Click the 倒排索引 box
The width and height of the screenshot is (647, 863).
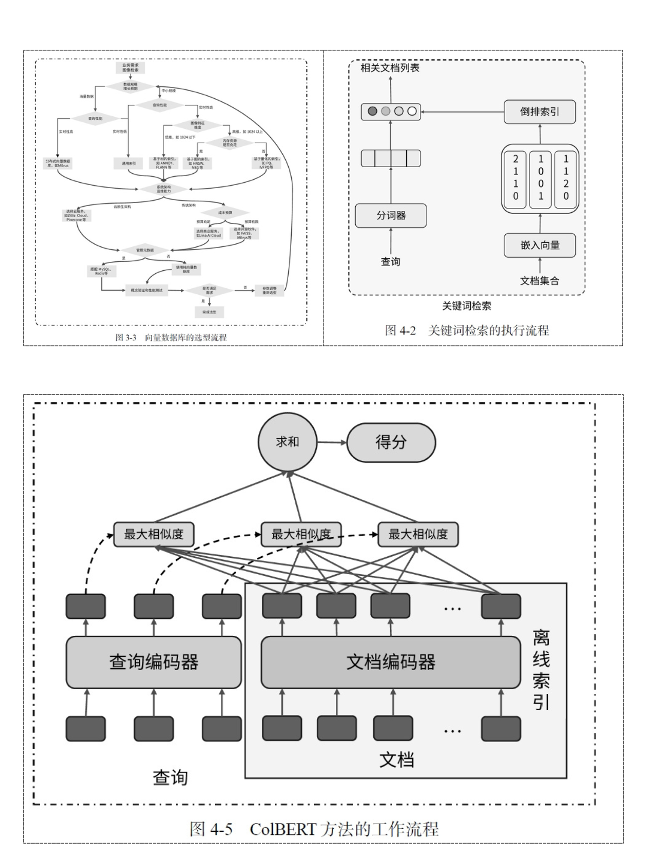tap(540, 111)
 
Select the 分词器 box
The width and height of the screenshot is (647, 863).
tap(391, 215)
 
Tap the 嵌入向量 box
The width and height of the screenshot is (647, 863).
tap(540, 245)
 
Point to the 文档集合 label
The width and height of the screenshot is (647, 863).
tap(539, 280)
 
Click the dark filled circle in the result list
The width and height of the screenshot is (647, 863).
tap(373, 111)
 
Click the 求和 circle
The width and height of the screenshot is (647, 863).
tap(287, 442)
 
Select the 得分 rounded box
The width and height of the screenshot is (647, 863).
tap(391, 442)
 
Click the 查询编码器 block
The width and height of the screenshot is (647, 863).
tap(153, 662)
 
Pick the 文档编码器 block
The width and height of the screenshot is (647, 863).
tap(391, 662)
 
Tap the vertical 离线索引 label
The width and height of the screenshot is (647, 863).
tap(541, 669)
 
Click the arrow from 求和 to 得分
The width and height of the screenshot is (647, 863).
tap(332, 442)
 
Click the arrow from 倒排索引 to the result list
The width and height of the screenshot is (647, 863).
tap(462, 111)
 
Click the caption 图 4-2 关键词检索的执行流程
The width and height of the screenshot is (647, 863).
tap(467, 330)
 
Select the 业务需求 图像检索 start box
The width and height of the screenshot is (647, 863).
tap(130, 68)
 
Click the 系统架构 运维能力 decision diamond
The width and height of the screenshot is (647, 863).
tap(164, 188)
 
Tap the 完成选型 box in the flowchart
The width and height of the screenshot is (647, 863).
tap(209, 312)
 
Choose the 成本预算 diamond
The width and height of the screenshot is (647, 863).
tap(225, 212)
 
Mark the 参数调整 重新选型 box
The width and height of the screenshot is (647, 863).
tap(269, 290)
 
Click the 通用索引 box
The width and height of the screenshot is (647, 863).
tap(128, 163)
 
